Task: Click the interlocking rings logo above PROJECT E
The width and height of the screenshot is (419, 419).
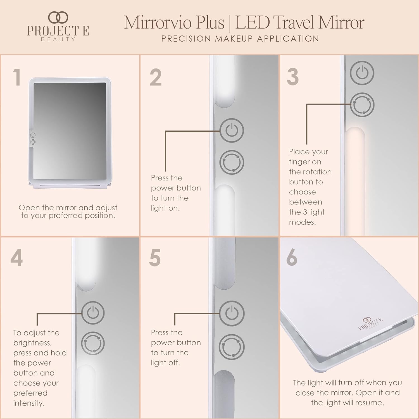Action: pyautogui.click(x=58, y=17)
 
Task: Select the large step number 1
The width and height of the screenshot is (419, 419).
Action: pyautogui.click(x=17, y=77)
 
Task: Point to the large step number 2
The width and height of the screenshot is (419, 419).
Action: pyautogui.click(x=156, y=77)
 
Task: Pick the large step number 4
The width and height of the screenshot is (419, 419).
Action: pyautogui.click(x=16, y=258)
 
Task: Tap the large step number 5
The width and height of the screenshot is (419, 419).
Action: pyautogui.click(x=155, y=258)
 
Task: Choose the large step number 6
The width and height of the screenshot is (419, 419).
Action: pyautogui.click(x=292, y=257)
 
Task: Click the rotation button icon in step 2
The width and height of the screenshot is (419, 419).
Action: pyautogui.click(x=232, y=163)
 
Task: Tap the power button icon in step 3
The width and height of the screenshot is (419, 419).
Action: pyautogui.click(x=362, y=73)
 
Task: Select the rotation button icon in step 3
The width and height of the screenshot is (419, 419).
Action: pyautogui.click(x=362, y=105)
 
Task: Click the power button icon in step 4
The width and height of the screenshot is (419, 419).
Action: pyautogui.click(x=93, y=313)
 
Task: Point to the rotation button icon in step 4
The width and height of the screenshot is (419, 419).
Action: pyautogui.click(x=93, y=343)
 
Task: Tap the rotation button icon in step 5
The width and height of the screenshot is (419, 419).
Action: pyautogui.click(x=232, y=347)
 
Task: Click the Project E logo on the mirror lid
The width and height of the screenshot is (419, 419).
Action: pyautogui.click(x=370, y=324)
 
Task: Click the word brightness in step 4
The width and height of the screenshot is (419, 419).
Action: pyautogui.click(x=32, y=343)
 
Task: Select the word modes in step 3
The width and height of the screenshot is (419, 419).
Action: pyautogui.click(x=302, y=222)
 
